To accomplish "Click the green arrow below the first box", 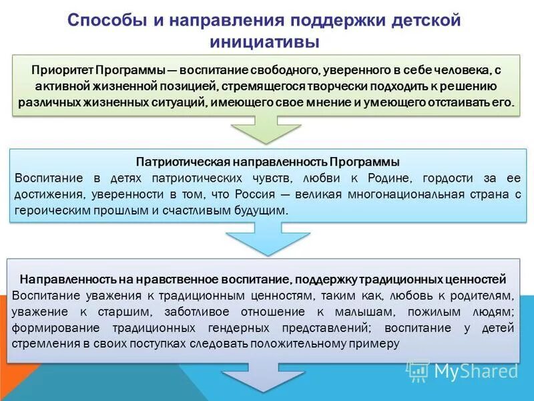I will tap(266, 131).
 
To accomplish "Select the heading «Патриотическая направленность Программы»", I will tap(268, 162).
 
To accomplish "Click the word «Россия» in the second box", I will tap(252, 194).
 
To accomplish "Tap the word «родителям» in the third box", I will tap(479, 295).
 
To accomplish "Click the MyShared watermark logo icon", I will tap(418, 371).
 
